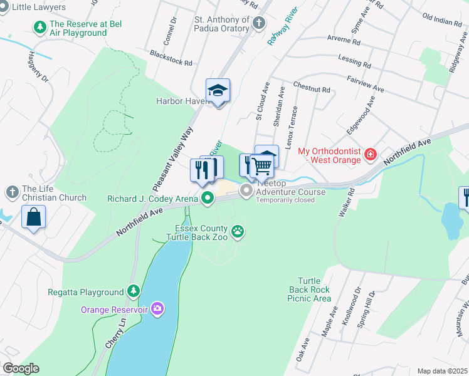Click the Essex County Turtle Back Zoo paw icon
238,232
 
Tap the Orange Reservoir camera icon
157,308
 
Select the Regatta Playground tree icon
132,291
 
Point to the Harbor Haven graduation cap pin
218,91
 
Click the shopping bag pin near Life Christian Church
34,217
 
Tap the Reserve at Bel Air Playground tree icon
40,27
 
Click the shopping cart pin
262,166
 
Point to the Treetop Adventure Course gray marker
247,190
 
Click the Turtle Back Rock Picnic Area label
310,290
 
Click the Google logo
21,368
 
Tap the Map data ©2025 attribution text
442,371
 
